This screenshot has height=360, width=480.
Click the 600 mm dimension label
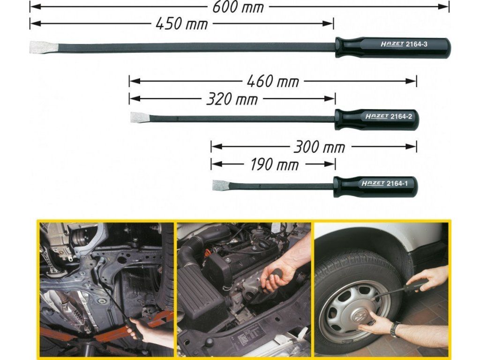point(238,7)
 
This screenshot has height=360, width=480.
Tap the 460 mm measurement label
point(273,82)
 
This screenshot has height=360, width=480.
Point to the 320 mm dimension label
point(232,99)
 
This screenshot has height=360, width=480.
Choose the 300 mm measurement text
point(319,147)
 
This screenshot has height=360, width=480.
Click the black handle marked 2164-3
point(393,47)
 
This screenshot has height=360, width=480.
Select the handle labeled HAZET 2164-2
point(376,119)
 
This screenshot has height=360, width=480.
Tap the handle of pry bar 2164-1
point(375,187)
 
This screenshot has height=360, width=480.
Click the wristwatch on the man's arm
point(395,329)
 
